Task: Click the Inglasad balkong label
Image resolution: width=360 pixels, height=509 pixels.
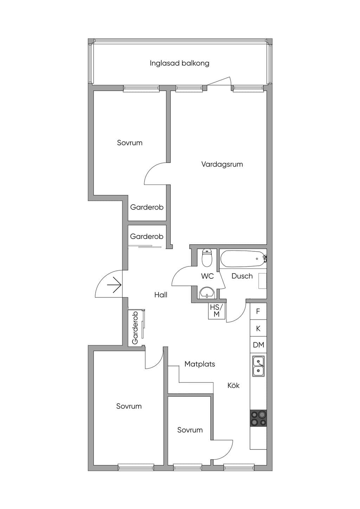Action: [179, 63]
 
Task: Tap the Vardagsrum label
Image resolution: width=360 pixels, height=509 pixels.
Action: [222, 164]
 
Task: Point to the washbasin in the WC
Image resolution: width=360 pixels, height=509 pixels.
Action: [207, 292]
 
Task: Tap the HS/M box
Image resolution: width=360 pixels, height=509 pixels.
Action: [217, 311]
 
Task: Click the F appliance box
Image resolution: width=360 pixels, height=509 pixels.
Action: [258, 311]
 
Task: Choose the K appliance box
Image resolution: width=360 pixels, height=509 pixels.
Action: [258, 328]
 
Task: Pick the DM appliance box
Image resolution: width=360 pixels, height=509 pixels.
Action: [258, 345]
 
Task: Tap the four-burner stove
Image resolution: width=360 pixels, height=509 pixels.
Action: [258, 418]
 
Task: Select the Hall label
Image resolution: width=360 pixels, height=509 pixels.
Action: [161, 295]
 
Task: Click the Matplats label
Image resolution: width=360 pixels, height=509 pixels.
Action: [200, 364]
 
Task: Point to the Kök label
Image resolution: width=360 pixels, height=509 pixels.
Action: [233, 385]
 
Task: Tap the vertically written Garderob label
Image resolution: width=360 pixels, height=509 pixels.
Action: [135, 328]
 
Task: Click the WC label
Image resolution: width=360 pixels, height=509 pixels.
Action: [207, 276]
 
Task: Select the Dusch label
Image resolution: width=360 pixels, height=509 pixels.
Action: [242, 276]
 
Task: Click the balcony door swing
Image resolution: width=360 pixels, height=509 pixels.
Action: [219, 81]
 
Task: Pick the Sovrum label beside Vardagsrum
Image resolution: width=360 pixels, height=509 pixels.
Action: [129, 143]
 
